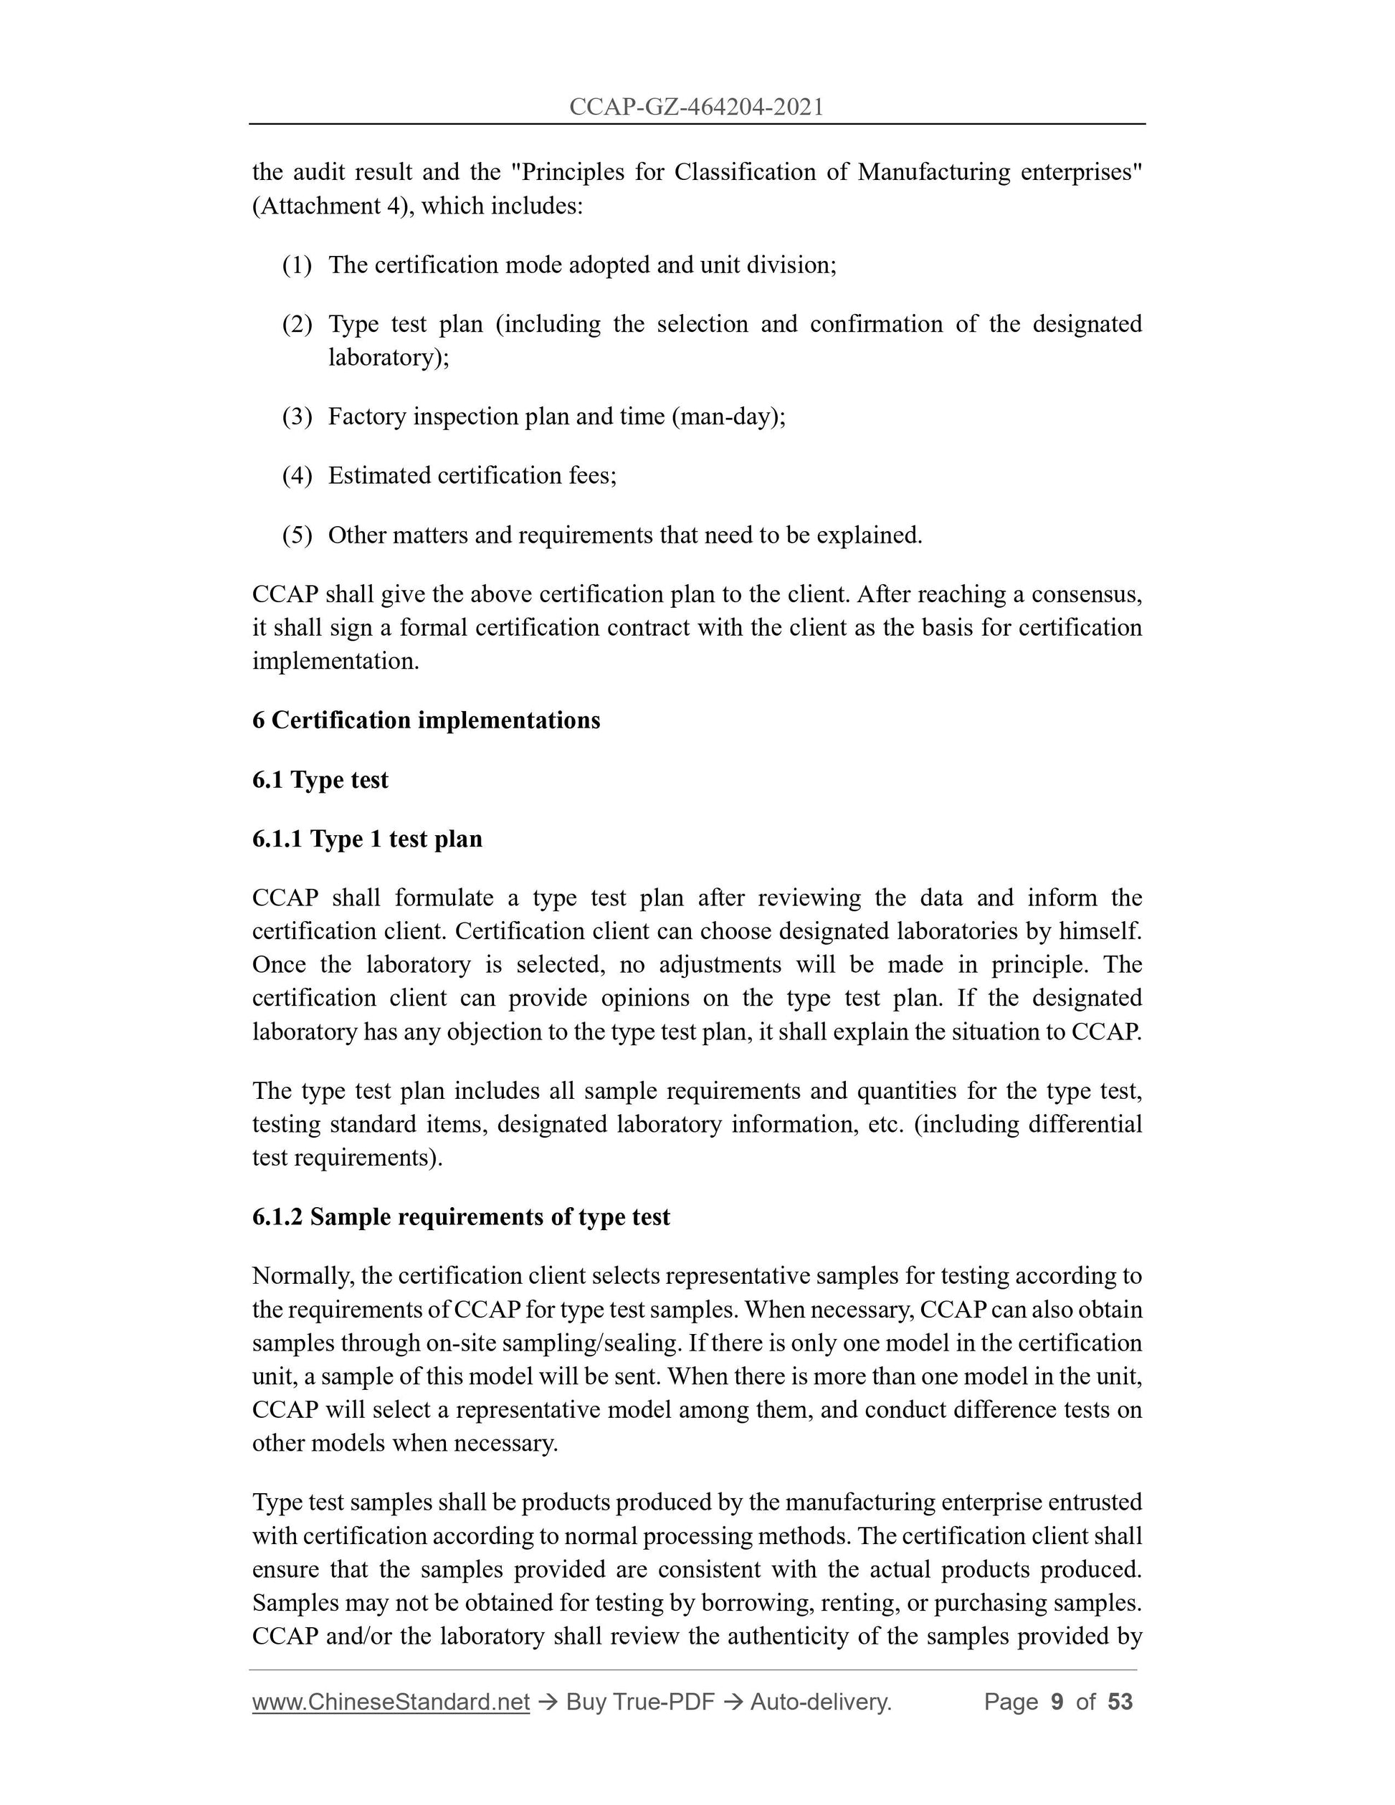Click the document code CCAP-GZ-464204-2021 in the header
click(697, 107)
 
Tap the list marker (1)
click(297, 265)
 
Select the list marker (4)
click(297, 476)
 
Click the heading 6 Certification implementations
click(427, 720)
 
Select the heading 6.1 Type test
click(320, 780)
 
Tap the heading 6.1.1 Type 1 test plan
click(368, 839)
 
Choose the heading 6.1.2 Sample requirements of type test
click(461, 1217)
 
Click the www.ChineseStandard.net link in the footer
click(391, 1702)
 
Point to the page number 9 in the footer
click(1057, 1702)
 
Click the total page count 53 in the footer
click(1120, 1702)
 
